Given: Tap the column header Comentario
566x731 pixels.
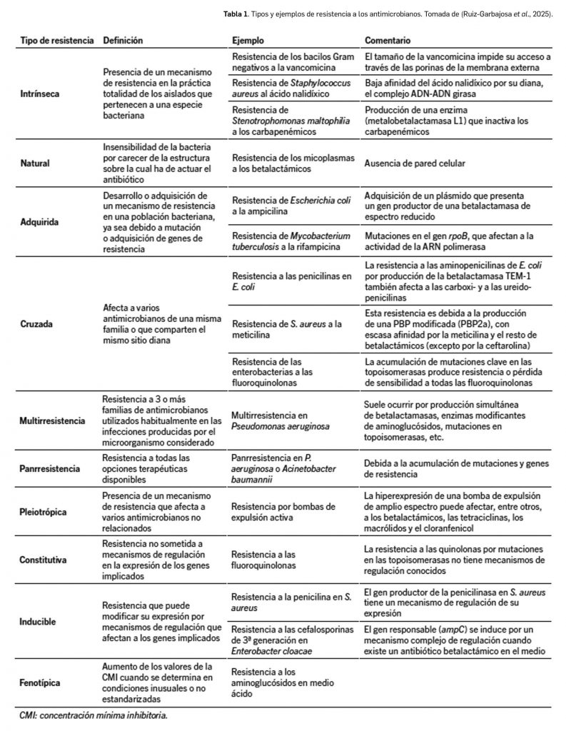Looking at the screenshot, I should click(x=389, y=41).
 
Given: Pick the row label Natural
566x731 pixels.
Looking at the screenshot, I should click(x=34, y=163).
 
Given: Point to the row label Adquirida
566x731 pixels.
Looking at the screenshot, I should click(x=39, y=222).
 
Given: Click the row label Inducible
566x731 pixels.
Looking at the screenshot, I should click(x=39, y=621).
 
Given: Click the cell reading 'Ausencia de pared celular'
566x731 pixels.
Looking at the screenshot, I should click(x=414, y=163).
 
